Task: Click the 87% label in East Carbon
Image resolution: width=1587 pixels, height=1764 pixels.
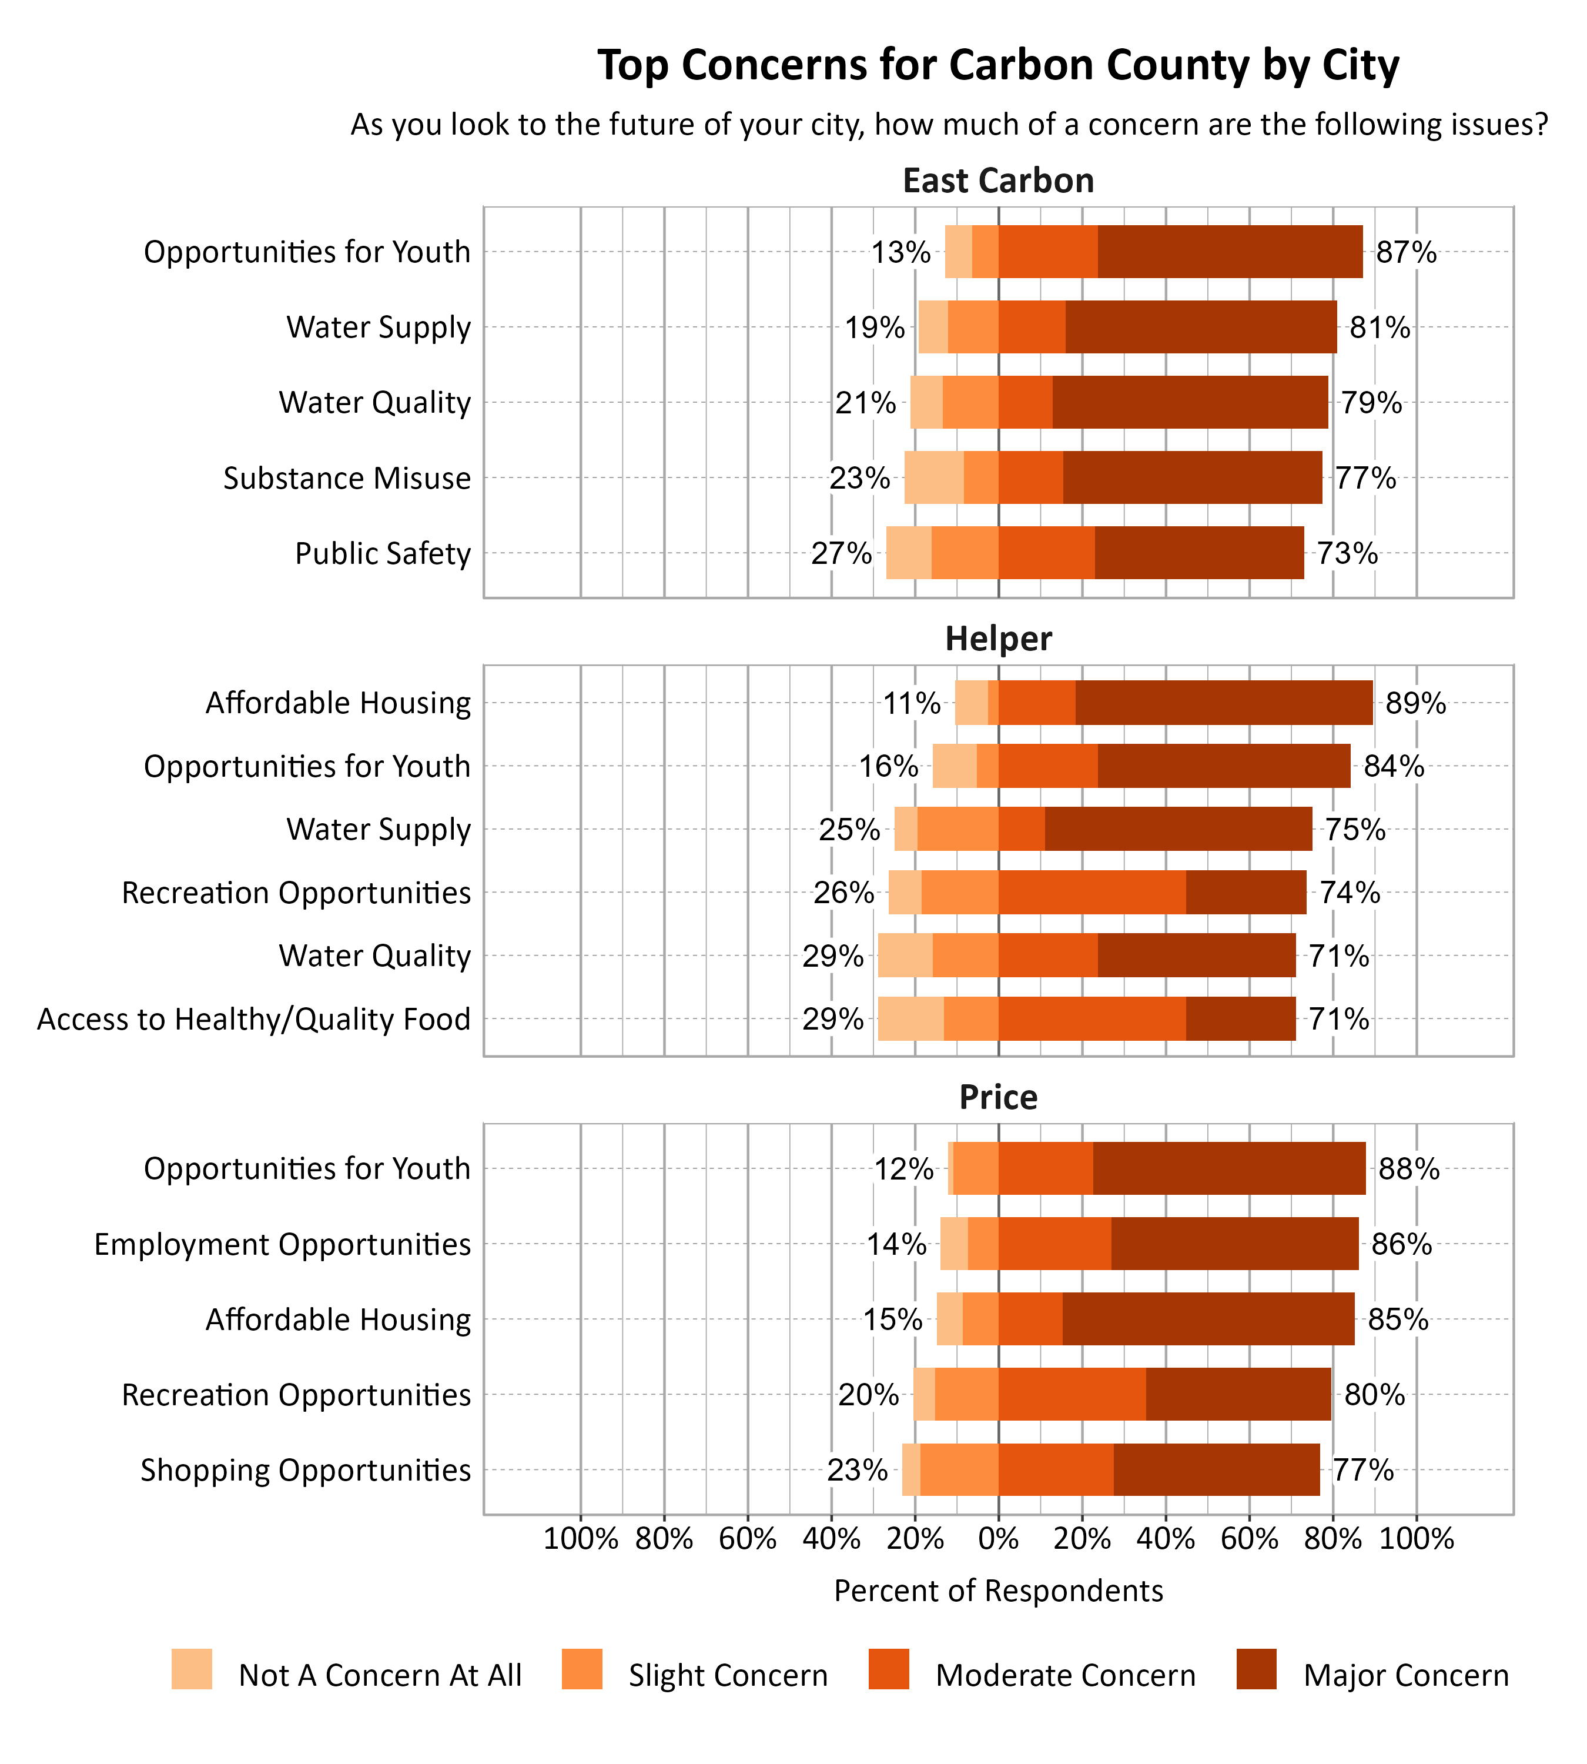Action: (x=1405, y=252)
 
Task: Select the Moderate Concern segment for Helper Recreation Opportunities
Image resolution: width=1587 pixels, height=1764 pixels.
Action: (x=1092, y=893)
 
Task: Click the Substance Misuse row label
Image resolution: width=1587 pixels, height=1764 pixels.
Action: (x=346, y=478)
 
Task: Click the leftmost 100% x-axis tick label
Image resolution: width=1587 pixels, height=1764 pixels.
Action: (x=580, y=1538)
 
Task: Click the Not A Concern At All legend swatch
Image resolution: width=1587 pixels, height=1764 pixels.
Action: (x=191, y=1669)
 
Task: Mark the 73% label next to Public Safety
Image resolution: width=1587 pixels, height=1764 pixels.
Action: (x=1347, y=553)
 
